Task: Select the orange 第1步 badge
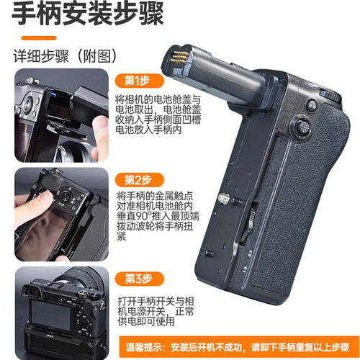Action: click(136, 80)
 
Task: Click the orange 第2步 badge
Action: click(136, 179)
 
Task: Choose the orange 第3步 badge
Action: click(136, 278)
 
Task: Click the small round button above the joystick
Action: click(311, 105)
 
